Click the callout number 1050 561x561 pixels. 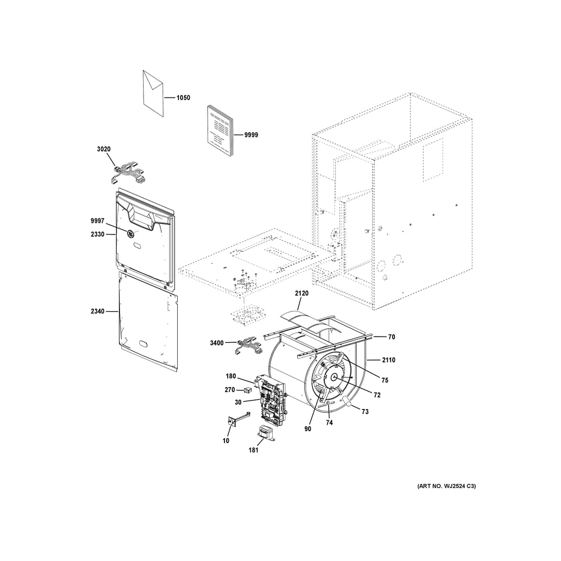[183, 98]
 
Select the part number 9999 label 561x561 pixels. [251, 135]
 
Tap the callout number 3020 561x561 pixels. [104, 149]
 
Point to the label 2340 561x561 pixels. [97, 311]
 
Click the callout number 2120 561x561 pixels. [302, 293]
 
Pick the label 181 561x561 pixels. [254, 450]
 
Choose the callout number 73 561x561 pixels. [365, 412]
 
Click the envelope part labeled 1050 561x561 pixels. [153, 93]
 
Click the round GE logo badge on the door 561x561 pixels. [130, 233]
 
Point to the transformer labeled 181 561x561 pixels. [266, 432]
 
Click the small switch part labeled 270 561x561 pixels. [247, 390]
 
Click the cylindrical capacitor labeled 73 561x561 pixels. [347, 401]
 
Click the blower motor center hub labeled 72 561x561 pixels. [334, 376]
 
